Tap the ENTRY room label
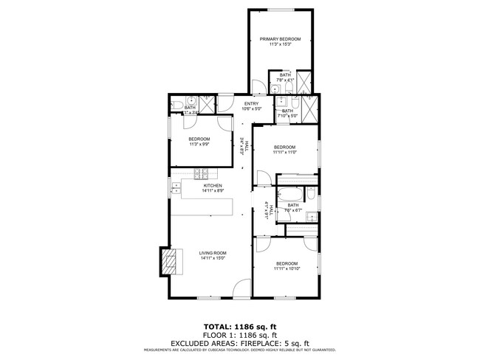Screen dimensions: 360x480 [251, 104]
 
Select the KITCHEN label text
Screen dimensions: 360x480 [202, 186]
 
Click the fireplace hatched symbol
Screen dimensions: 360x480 [171, 261]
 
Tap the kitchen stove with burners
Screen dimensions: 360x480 [202, 174]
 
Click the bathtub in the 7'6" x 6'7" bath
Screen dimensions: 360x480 [287, 195]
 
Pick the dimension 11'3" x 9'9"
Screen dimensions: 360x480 [199, 145]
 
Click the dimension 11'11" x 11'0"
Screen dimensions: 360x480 [284, 153]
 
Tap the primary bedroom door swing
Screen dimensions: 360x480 [258, 89]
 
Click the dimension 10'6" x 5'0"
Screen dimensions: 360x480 [251, 109]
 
